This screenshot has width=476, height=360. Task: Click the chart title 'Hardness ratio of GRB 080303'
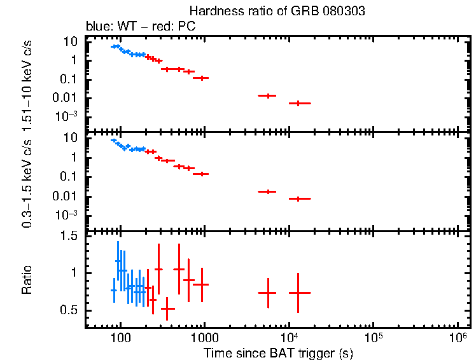(277, 12)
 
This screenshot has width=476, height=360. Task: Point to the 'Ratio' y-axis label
(27, 280)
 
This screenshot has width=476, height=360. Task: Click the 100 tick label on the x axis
(120, 338)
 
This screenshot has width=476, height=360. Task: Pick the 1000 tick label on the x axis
(204, 338)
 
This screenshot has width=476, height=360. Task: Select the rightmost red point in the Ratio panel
(298, 293)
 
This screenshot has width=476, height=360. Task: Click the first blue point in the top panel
(114, 46)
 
